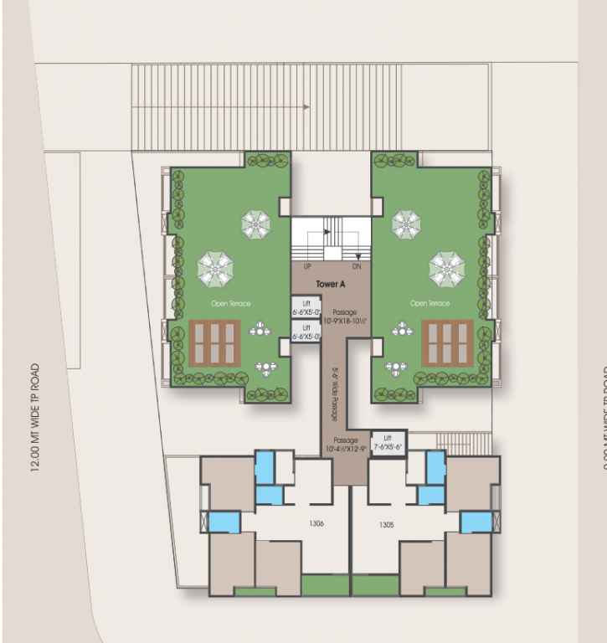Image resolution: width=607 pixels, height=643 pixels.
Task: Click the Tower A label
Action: [331, 285]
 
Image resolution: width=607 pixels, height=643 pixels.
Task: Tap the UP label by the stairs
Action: [306, 265]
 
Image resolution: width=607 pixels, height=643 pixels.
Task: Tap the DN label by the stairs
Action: [356, 265]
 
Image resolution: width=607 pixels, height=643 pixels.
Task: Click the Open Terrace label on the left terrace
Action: [231, 303]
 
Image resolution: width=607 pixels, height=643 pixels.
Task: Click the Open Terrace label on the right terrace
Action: [430, 303]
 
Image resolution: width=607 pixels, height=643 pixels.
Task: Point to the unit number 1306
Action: [316, 524]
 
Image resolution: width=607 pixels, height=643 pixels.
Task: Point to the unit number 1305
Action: [386, 524]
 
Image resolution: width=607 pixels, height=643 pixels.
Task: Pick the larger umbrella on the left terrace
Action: [215, 269]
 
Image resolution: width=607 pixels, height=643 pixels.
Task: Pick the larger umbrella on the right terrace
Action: [446, 268]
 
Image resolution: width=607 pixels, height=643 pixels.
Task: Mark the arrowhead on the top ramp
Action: [307, 107]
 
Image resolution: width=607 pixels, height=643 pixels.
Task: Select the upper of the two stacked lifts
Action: [306, 306]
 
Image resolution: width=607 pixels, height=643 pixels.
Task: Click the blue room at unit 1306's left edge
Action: [224, 522]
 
